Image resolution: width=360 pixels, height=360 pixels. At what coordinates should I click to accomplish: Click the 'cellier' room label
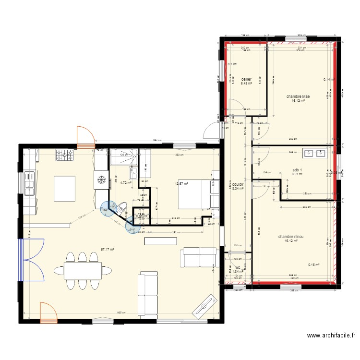[x=247, y=79]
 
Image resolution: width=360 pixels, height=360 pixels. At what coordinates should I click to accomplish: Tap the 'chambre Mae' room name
[x=298, y=96]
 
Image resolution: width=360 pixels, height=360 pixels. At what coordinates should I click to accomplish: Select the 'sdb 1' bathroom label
[x=298, y=170]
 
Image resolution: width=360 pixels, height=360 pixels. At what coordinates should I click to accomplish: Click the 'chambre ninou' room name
[x=291, y=237]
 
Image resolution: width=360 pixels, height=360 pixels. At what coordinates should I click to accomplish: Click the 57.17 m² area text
[x=108, y=249]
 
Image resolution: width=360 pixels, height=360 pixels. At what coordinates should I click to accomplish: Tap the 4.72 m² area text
[x=126, y=182]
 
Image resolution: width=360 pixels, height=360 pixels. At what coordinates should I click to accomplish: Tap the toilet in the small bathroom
[x=122, y=208]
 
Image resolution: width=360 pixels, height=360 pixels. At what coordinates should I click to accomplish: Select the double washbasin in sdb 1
[x=315, y=154]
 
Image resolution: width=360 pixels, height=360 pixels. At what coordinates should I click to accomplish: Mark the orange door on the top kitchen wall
[x=84, y=137]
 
